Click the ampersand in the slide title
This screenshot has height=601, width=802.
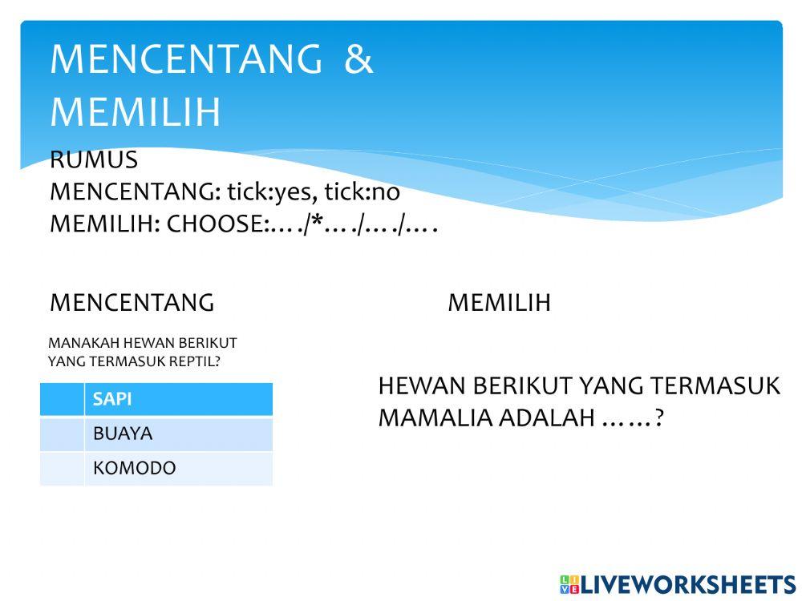(358, 60)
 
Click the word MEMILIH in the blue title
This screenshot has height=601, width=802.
(135, 112)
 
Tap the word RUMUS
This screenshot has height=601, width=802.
(94, 160)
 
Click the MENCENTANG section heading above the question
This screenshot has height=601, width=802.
(132, 303)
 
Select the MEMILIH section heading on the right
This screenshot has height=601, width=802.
(499, 303)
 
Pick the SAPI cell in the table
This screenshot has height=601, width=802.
(178, 399)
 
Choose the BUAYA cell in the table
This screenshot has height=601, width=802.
(178, 434)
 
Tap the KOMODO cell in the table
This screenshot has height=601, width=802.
(178, 468)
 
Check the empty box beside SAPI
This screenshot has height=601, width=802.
(62, 399)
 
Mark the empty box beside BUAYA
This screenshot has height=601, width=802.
(62, 434)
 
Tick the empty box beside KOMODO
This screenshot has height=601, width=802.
(62, 468)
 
